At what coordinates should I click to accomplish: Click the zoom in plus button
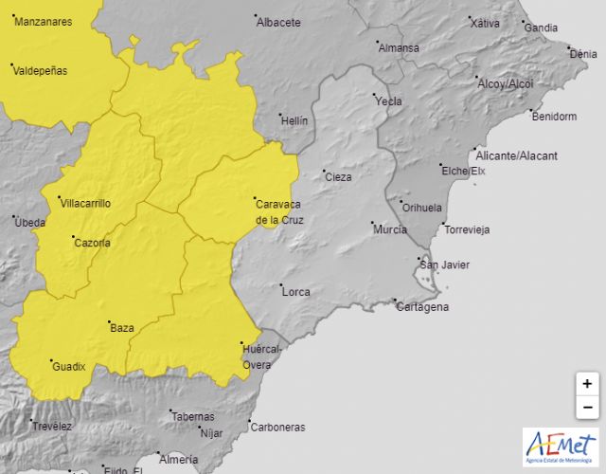[587, 384]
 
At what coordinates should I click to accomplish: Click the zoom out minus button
[587, 407]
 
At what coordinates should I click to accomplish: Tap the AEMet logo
[561, 447]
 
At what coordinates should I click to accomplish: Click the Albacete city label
[278, 22]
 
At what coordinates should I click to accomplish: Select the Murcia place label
[390, 230]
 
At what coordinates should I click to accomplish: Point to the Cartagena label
[422, 307]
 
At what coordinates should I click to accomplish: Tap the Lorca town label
[295, 292]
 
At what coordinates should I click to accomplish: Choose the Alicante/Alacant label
[517, 155]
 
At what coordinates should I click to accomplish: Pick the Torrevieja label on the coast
[468, 230]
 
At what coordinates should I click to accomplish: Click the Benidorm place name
[554, 117]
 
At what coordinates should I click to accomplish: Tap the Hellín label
[294, 120]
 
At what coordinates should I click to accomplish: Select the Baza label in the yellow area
[122, 328]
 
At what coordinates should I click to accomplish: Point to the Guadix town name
[69, 366]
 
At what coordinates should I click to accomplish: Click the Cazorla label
[92, 243]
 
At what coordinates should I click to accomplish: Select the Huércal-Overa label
[262, 356]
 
